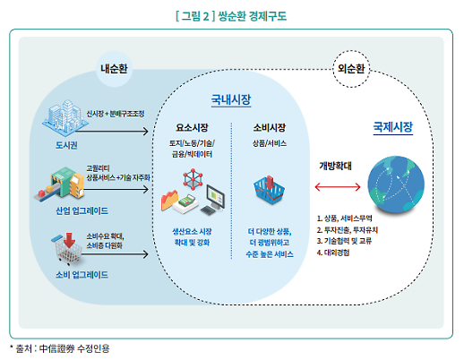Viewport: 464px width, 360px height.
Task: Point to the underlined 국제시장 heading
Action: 392,129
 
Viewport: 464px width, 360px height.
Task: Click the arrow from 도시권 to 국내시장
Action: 120,131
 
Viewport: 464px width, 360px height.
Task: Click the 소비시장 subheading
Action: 271,128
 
